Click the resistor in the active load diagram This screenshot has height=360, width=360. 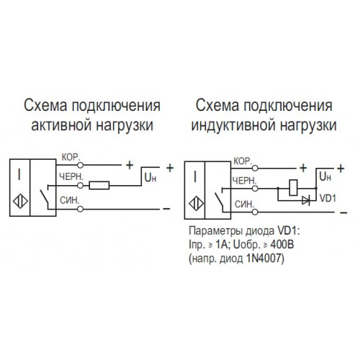[x=99, y=185]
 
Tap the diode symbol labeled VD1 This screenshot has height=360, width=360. [x=306, y=200]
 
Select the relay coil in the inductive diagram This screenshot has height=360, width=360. [x=293, y=187]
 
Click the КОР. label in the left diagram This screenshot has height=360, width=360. [x=71, y=158]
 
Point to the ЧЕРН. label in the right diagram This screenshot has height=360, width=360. [x=245, y=181]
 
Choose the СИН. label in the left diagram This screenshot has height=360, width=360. [x=69, y=200]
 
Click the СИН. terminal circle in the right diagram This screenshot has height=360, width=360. [x=255, y=212]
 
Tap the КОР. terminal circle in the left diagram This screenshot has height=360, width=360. [x=80, y=165]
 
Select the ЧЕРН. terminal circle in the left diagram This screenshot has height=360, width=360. [x=80, y=186]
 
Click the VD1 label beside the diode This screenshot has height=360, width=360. [x=328, y=199]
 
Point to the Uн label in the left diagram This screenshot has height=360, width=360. [x=150, y=178]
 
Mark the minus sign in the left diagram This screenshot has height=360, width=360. [x=166, y=209]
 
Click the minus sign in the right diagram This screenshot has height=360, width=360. [x=343, y=212]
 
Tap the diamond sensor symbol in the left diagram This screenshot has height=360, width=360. [x=20, y=201]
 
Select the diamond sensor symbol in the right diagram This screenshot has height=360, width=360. [x=196, y=204]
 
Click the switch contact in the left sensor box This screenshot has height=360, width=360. [x=44, y=196]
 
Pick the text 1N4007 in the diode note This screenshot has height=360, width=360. [x=265, y=258]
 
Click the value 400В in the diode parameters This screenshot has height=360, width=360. [x=282, y=245]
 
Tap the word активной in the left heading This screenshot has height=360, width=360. [x=62, y=125]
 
